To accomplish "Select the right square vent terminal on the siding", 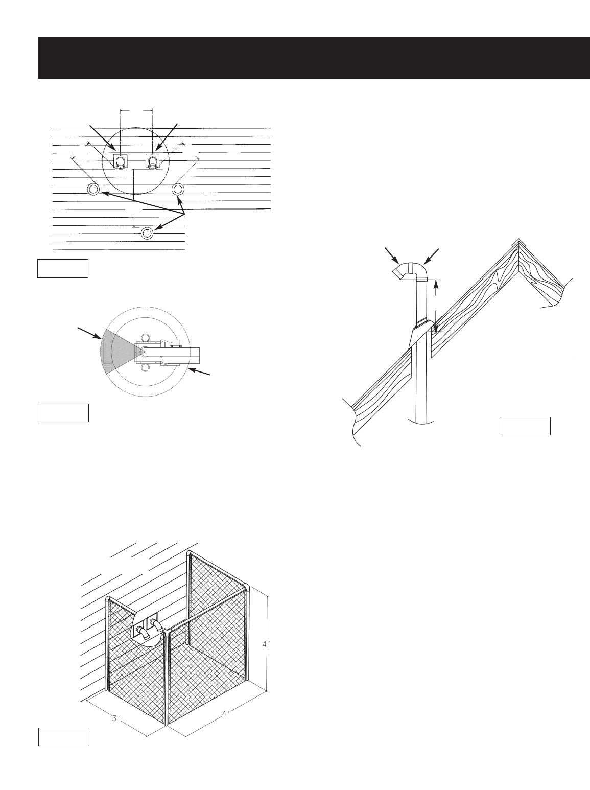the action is pyautogui.click(x=153, y=160).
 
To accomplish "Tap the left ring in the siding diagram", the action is pyautogui.click(x=93, y=190).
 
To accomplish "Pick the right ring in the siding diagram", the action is pyautogui.click(x=178, y=190).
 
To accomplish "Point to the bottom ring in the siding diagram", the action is pyautogui.click(x=147, y=233).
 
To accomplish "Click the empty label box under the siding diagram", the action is pyautogui.click(x=63, y=268).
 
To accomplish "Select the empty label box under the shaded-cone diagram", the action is pyautogui.click(x=63, y=412).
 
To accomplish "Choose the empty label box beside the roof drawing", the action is pyautogui.click(x=525, y=426).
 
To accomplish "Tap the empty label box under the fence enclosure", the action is pyautogui.click(x=64, y=736).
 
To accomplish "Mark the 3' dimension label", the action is pyautogui.click(x=116, y=718).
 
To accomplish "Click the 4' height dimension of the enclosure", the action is pyautogui.click(x=265, y=644).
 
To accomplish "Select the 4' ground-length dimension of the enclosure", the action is pyautogui.click(x=225, y=713).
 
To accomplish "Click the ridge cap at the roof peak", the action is pyautogui.click(x=519, y=244).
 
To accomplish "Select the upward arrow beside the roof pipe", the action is pyautogui.click(x=435, y=289).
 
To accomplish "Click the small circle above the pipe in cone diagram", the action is pyautogui.click(x=145, y=337).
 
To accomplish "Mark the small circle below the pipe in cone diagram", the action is pyautogui.click(x=145, y=368).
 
